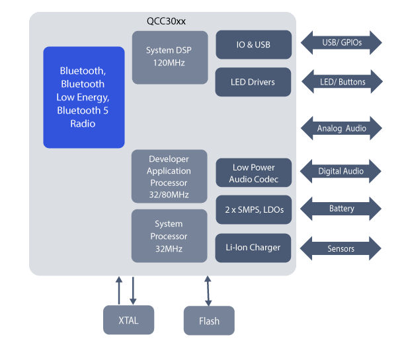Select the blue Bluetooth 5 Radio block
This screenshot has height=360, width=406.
(x=83, y=97)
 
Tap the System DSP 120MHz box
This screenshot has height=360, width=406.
(x=170, y=57)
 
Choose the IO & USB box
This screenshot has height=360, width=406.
(x=253, y=45)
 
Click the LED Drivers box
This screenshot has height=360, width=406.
(x=253, y=83)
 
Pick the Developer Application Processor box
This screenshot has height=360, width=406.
(x=169, y=177)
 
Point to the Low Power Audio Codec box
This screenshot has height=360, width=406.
(x=253, y=172)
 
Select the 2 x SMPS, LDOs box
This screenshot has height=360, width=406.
(x=253, y=209)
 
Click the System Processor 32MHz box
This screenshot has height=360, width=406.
(x=169, y=236)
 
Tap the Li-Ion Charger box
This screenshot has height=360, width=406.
(x=253, y=248)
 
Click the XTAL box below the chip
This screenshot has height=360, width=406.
(x=128, y=320)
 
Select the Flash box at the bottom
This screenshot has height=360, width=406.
(x=208, y=321)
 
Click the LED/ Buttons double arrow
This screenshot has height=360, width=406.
(x=341, y=82)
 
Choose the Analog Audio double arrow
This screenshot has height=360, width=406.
(x=341, y=128)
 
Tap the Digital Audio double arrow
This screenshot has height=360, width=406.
(x=341, y=172)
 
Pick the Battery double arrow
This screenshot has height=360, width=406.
(x=341, y=209)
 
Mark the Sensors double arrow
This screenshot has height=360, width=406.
(x=341, y=249)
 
